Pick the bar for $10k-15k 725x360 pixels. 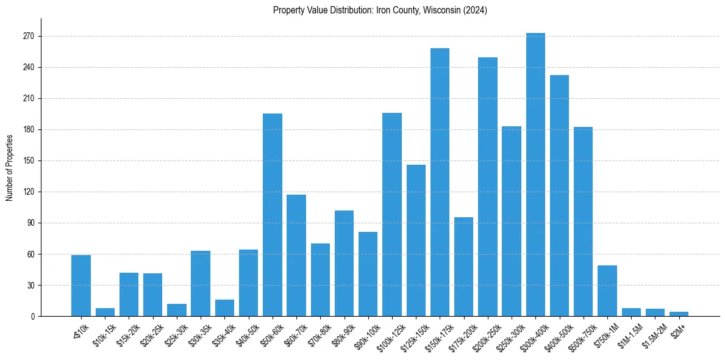105,312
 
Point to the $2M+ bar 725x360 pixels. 679,314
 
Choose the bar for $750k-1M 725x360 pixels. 607,290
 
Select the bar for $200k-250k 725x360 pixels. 488,187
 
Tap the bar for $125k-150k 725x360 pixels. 416,240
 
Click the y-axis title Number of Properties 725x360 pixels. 9,167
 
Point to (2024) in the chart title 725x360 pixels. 475,10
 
